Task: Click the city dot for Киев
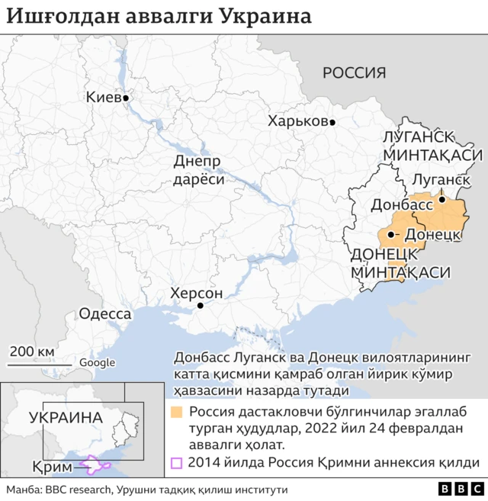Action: pos(127,98)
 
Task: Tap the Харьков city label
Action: pos(297,121)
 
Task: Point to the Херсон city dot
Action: pos(200,306)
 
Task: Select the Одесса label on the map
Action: pos(105,313)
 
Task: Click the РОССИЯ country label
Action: pos(354,73)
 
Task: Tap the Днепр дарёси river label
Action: pos(198,171)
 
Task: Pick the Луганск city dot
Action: pos(441,199)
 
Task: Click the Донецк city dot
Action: pos(391,234)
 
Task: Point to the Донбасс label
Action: pos(394,205)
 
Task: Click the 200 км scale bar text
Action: pos(32,351)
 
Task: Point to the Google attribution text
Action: pos(97,363)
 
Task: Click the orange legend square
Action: pos(176,413)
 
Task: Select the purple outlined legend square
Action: pos(176,462)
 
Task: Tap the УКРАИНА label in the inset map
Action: pos(66,417)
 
